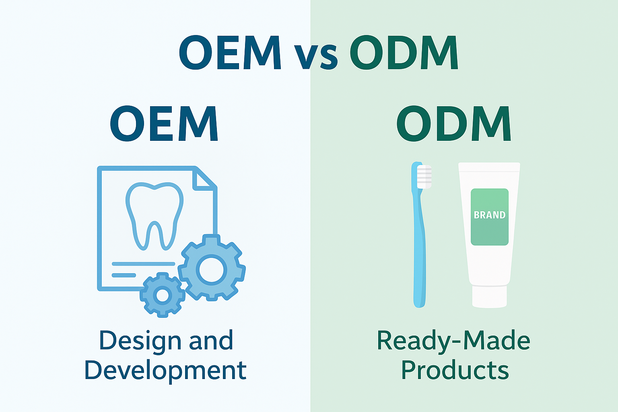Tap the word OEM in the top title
pos(230,53)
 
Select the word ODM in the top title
pos(404,53)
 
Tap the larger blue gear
pos(212,268)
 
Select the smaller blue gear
pos(162,295)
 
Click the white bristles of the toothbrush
pos(424,176)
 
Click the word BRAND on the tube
pos(490,215)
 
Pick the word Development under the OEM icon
pos(165,370)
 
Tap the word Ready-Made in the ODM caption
pos(453,341)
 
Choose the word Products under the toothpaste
pos(455,370)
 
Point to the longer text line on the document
pos(143,264)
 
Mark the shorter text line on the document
pos(124,275)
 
